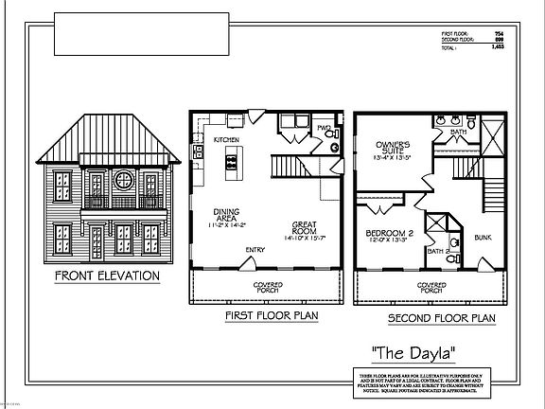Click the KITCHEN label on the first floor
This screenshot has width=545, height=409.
pos(225,139)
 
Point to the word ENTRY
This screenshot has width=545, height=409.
pos(255,250)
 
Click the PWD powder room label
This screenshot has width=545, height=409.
pos(323,127)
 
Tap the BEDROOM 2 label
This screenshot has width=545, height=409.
pos(389,238)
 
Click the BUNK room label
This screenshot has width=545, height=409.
pos(482,238)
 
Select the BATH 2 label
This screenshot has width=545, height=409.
pos(436,250)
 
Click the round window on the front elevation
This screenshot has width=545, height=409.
pos(121,178)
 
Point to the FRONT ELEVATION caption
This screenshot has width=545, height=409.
pos(107,276)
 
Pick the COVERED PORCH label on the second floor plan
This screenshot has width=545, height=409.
pos(432,287)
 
